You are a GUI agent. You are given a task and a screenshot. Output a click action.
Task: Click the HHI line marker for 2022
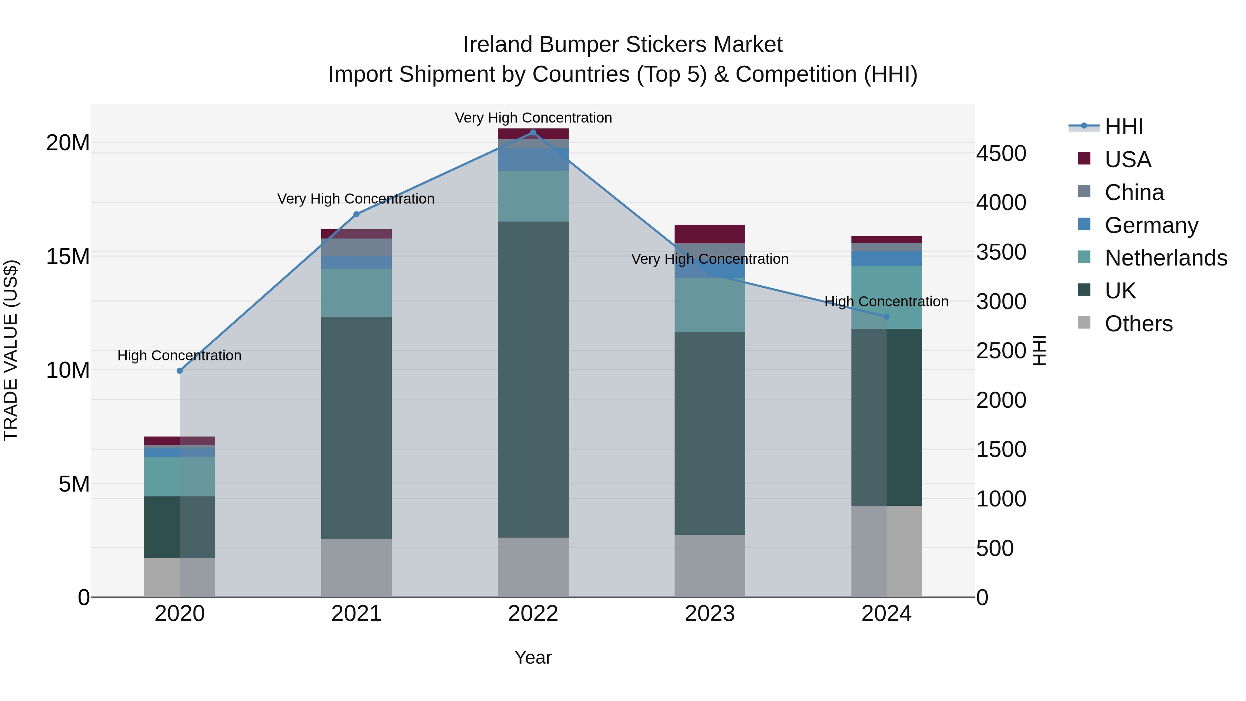pos(533,133)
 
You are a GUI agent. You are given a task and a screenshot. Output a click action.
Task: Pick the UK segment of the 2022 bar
pos(533,379)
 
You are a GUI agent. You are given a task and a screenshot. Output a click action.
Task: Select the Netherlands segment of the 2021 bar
pos(356,293)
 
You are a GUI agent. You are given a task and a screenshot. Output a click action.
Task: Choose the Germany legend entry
pos(1151,225)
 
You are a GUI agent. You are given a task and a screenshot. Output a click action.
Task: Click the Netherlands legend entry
pos(1166,258)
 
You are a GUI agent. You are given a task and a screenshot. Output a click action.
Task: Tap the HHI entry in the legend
pos(1123,127)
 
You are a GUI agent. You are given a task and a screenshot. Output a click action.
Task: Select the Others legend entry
pos(1138,324)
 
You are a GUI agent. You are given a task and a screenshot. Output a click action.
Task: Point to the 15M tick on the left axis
pos(68,257)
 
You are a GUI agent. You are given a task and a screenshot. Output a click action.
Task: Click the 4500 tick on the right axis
pos(1001,154)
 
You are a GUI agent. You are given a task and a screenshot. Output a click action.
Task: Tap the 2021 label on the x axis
pos(356,614)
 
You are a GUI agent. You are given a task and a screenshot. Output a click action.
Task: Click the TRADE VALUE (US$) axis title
pos(11,350)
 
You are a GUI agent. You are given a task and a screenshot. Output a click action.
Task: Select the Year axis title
pos(533,657)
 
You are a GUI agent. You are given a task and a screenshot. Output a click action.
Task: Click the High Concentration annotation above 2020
pos(179,356)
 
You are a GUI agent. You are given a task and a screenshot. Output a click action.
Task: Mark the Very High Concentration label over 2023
pos(710,259)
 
